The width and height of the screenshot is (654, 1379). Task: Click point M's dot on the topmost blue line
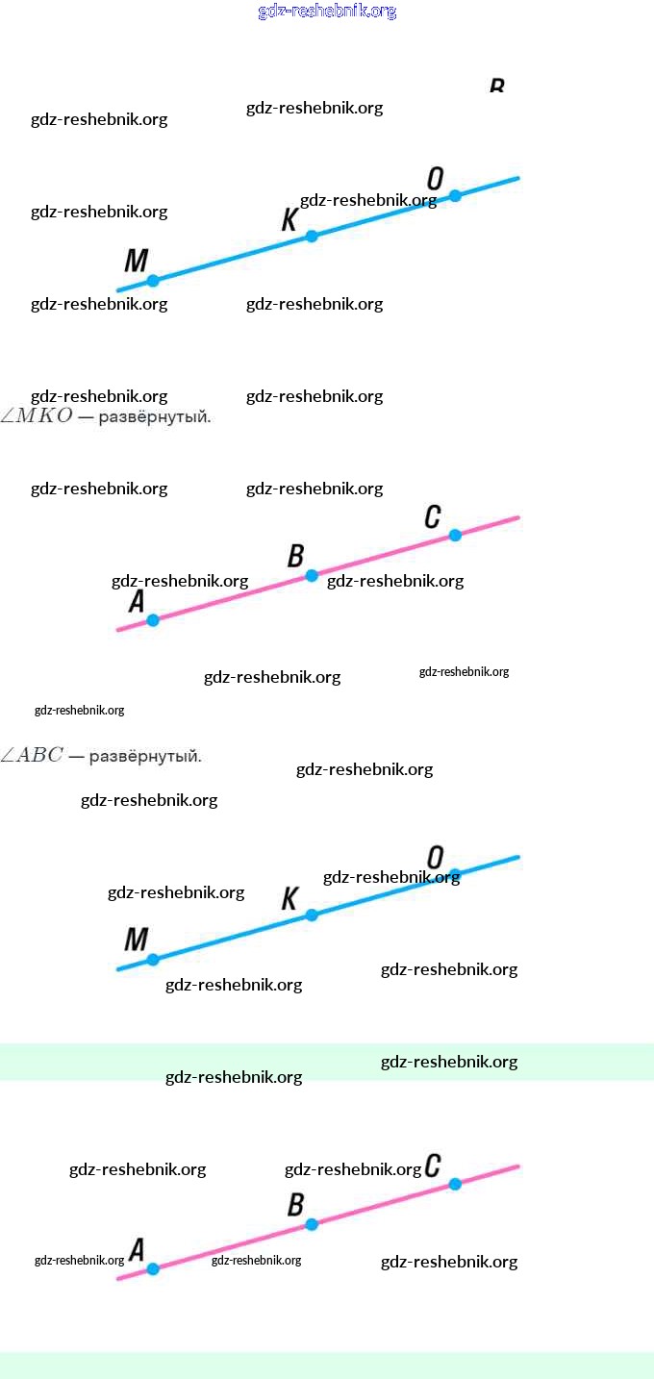pyautogui.click(x=153, y=281)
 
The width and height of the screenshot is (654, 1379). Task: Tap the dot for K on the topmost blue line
pyautogui.click(x=312, y=236)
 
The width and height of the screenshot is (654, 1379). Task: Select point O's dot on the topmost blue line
pyautogui.click(x=455, y=195)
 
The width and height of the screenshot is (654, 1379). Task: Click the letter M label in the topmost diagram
pyautogui.click(x=137, y=260)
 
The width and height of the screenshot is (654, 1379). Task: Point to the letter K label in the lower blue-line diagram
pyautogui.click(x=289, y=899)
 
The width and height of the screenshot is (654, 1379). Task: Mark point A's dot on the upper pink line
pyautogui.click(x=153, y=620)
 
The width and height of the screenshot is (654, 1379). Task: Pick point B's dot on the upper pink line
pyautogui.click(x=312, y=575)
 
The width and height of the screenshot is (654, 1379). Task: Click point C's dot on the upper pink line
pyautogui.click(x=455, y=535)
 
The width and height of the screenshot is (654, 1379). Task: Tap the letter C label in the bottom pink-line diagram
pyautogui.click(x=433, y=1166)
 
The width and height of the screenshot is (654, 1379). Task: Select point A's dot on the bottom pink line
pyautogui.click(x=153, y=1269)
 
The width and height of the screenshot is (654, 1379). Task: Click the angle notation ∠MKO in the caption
pyautogui.click(x=37, y=417)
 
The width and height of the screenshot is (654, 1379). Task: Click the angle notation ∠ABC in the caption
pyautogui.click(x=33, y=756)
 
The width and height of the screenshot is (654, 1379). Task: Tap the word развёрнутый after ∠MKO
pyautogui.click(x=154, y=418)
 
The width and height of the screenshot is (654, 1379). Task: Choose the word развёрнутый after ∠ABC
pyautogui.click(x=145, y=757)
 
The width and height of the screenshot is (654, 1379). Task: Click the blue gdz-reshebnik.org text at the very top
pyautogui.click(x=327, y=12)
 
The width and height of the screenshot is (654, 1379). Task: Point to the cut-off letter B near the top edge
pyautogui.click(x=496, y=86)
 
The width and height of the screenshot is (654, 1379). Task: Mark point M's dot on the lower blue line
pyautogui.click(x=153, y=960)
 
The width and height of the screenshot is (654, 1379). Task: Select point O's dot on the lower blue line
pyautogui.click(x=455, y=874)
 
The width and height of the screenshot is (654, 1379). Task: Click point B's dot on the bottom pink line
pyautogui.click(x=312, y=1224)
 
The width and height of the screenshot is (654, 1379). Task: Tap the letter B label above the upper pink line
pyautogui.click(x=296, y=556)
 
